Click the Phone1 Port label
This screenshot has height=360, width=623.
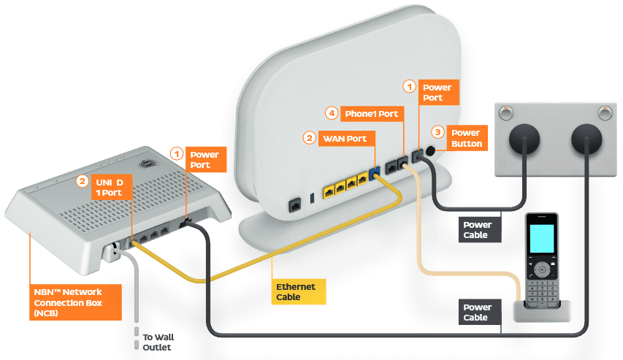371,114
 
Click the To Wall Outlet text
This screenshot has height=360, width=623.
158,342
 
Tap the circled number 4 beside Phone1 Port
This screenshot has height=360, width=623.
332,113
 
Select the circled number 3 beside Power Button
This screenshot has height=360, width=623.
437,132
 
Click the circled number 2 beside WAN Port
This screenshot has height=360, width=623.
310,137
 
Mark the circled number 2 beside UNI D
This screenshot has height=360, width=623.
83,180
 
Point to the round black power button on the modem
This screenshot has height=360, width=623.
430,153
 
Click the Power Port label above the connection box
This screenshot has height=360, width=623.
204,160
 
